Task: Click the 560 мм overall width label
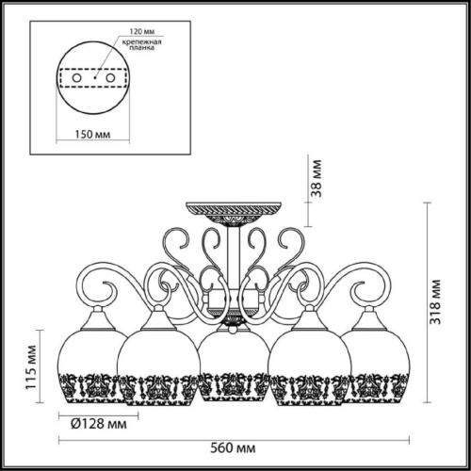click(233, 448)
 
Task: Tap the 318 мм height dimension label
click(436, 302)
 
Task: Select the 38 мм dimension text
click(317, 179)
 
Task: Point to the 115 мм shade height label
click(31, 367)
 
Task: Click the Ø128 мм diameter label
click(99, 424)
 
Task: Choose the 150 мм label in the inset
click(92, 135)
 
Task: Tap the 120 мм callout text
click(142, 32)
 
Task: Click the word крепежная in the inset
click(142, 42)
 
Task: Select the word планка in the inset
click(142, 48)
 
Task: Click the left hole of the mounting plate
click(76, 77)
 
